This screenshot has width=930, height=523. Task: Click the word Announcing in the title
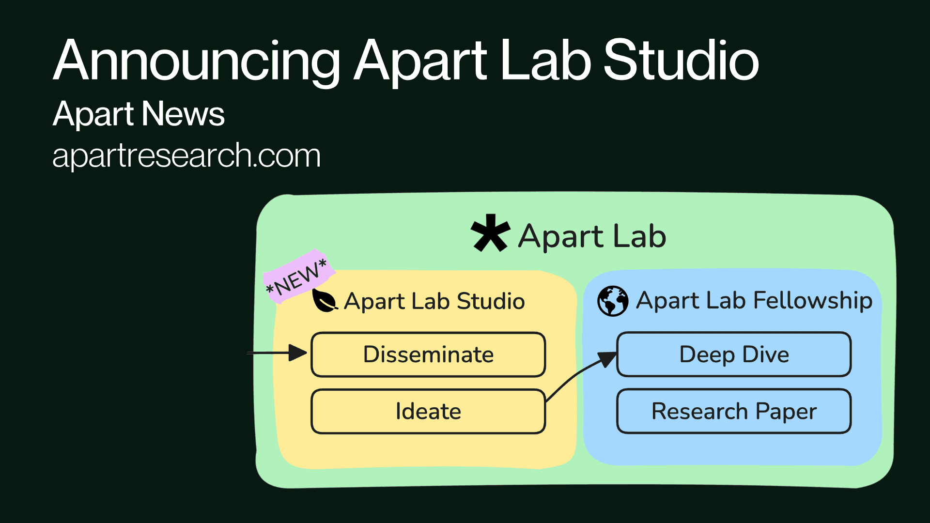196,62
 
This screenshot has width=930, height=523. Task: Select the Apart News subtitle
139,114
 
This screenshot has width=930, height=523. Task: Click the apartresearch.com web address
186,156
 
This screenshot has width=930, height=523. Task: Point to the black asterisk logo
490,233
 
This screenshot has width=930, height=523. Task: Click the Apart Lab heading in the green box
592,236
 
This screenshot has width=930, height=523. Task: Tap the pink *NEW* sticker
297,278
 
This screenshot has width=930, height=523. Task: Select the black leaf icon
324,301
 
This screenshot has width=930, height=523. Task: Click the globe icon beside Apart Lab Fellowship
613,301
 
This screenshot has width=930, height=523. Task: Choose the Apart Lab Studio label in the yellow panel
434,301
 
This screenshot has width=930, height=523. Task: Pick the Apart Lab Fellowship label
754,300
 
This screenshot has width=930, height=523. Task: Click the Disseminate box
428,354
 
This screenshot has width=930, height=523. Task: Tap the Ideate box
428,411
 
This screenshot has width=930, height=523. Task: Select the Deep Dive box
734,354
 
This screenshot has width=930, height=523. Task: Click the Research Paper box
734,411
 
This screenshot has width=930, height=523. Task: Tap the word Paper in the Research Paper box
786,412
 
